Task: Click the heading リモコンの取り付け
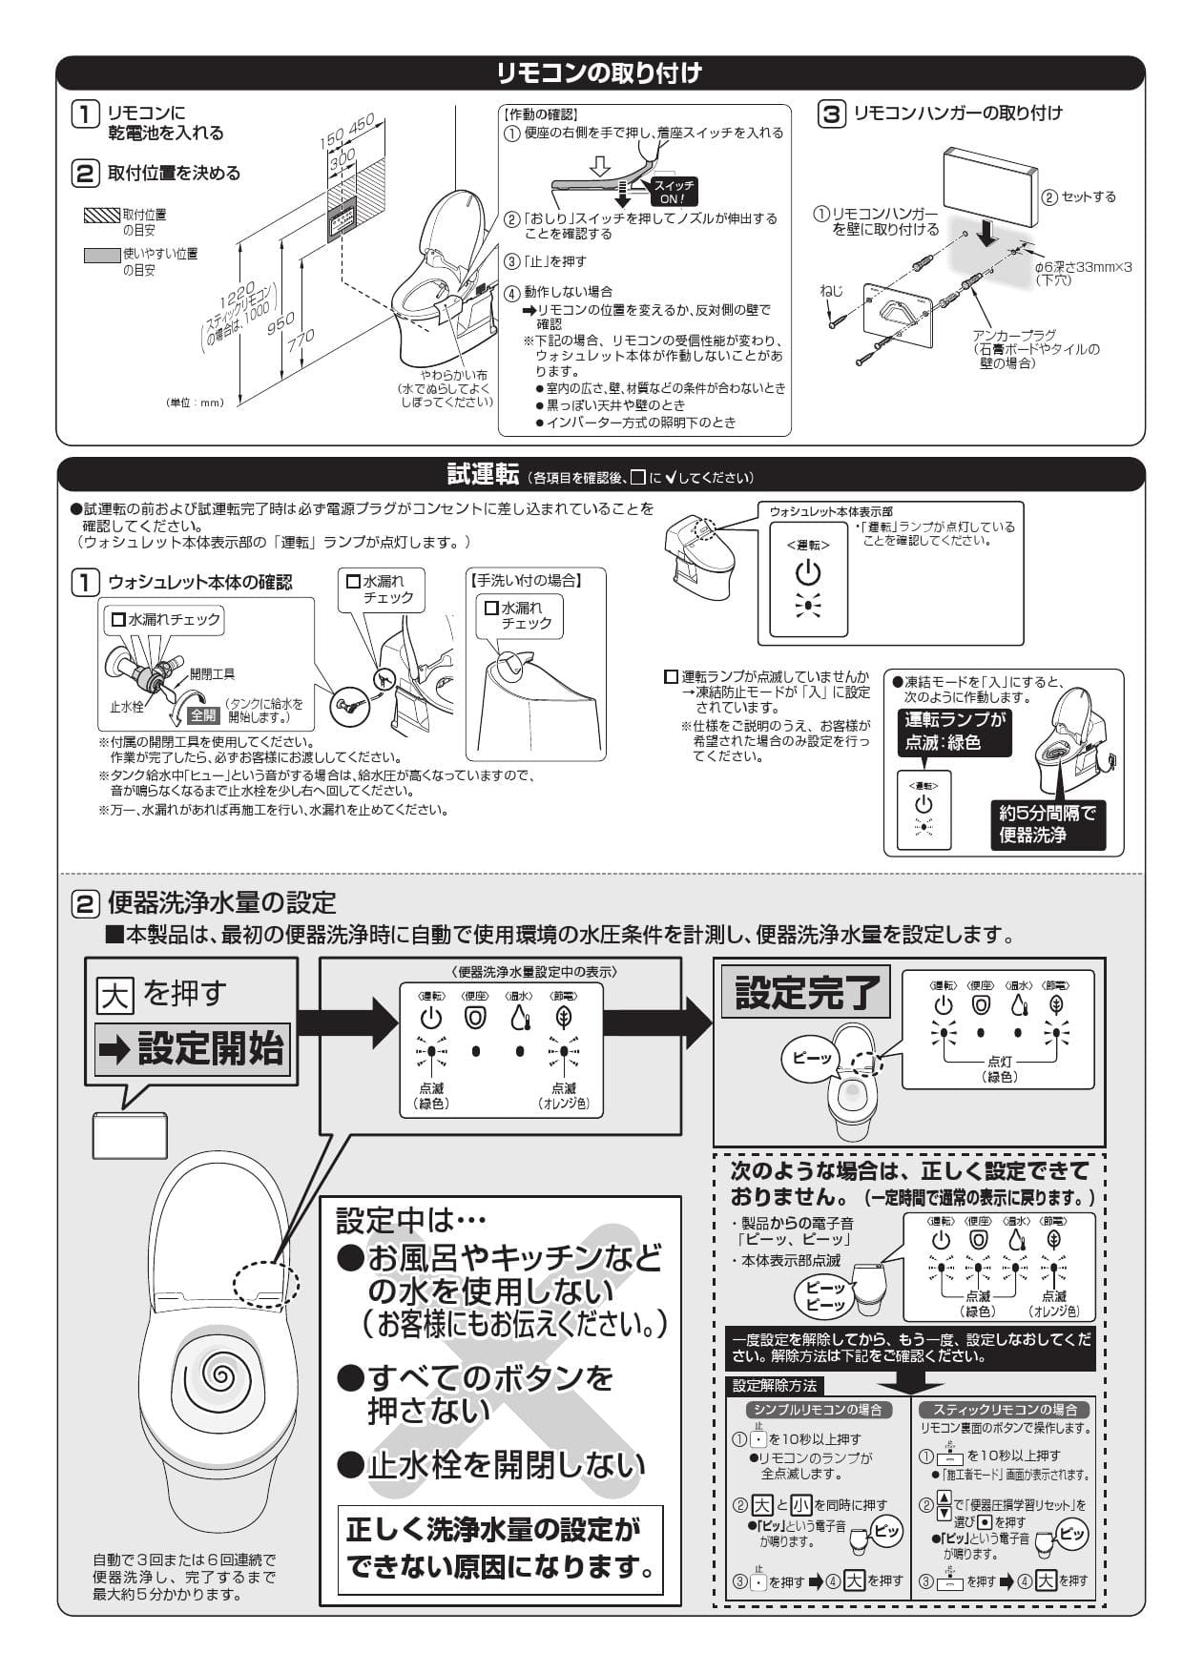pos(599,72)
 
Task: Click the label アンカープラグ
pos(1013,336)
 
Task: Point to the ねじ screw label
pos(832,290)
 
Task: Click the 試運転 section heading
pos(483,474)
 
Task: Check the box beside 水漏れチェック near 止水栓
pos(118,620)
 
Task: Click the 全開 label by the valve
pos(203,714)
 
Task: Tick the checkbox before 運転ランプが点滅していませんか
pos(671,677)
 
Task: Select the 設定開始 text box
pos(192,1049)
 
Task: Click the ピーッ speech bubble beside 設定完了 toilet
pos(811,1058)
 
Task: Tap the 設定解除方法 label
pos(774,1385)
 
